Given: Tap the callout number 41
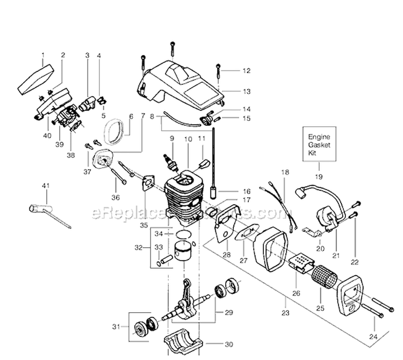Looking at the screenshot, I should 45,186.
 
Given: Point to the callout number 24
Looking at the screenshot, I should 373,337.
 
